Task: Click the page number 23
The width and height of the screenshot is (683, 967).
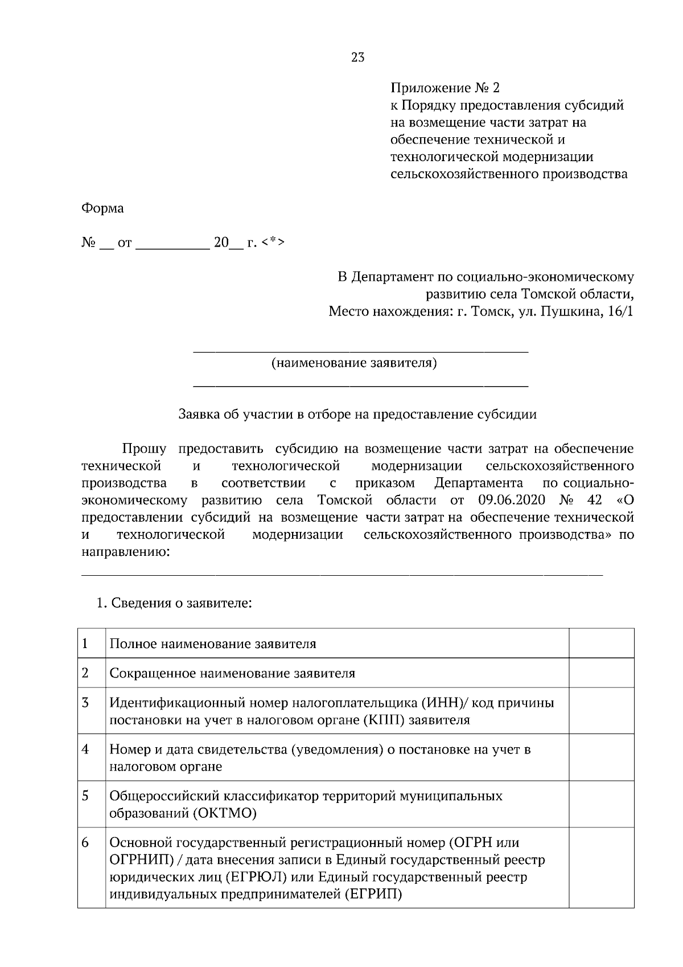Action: click(x=358, y=58)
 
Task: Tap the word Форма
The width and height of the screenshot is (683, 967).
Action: click(x=102, y=208)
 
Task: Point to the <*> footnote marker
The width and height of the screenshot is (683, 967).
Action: click(x=274, y=243)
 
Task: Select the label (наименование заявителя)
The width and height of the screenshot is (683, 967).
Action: click(x=354, y=363)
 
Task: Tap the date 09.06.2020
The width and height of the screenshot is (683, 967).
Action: click(x=508, y=501)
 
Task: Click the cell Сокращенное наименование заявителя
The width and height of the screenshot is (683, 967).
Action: click(x=232, y=673)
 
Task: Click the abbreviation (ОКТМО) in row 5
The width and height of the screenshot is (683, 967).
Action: click(x=225, y=813)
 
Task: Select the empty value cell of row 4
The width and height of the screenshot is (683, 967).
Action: click(x=602, y=757)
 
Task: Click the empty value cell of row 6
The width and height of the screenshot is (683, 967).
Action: click(x=602, y=867)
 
